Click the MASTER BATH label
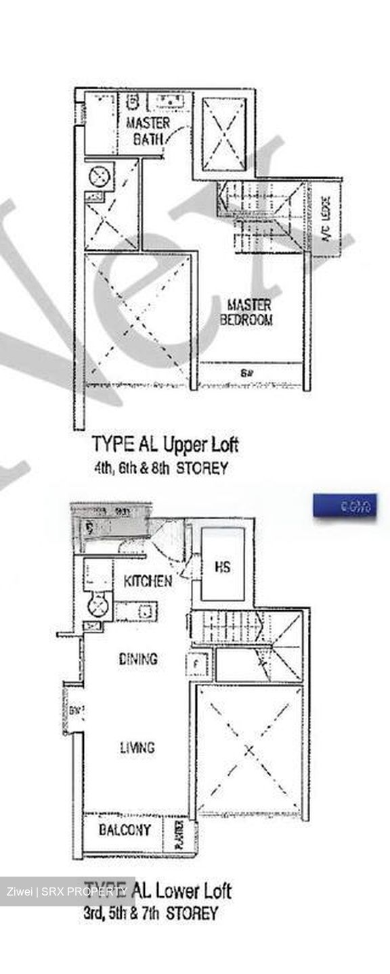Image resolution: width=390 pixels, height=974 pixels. pyautogui.click(x=148, y=132)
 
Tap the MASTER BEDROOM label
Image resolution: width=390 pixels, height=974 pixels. pyautogui.click(x=248, y=312)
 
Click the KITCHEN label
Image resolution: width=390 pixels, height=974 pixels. pyautogui.click(x=148, y=581)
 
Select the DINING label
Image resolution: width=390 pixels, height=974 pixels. pyautogui.click(x=137, y=658)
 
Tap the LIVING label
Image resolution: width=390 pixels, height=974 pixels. pyautogui.click(x=137, y=747)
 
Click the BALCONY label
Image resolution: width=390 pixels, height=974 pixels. pyautogui.click(x=125, y=830)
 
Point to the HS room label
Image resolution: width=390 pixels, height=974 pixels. pyautogui.click(x=222, y=567)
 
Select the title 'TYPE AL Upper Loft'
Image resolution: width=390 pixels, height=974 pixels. pyautogui.click(x=165, y=445)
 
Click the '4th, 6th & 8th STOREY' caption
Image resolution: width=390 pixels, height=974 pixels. pyautogui.click(x=161, y=467)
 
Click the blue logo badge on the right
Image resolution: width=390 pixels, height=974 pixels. pyautogui.click(x=345, y=507)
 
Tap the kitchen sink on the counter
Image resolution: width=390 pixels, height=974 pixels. pyautogui.click(x=144, y=611)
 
